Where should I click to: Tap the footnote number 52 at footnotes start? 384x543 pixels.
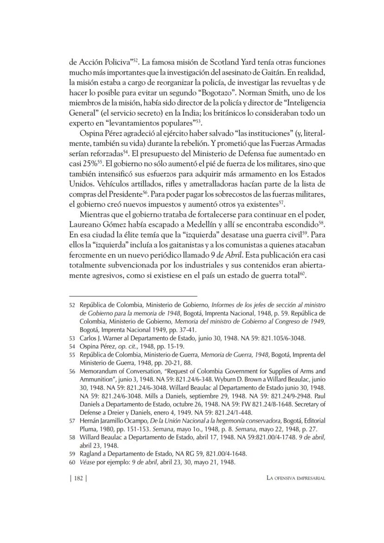click(x=72, y=305)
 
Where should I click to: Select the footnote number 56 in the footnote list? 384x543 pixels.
click(x=72, y=371)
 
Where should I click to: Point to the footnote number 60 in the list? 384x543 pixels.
click(x=72, y=462)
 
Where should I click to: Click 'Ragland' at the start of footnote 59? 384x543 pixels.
click(x=91, y=454)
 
